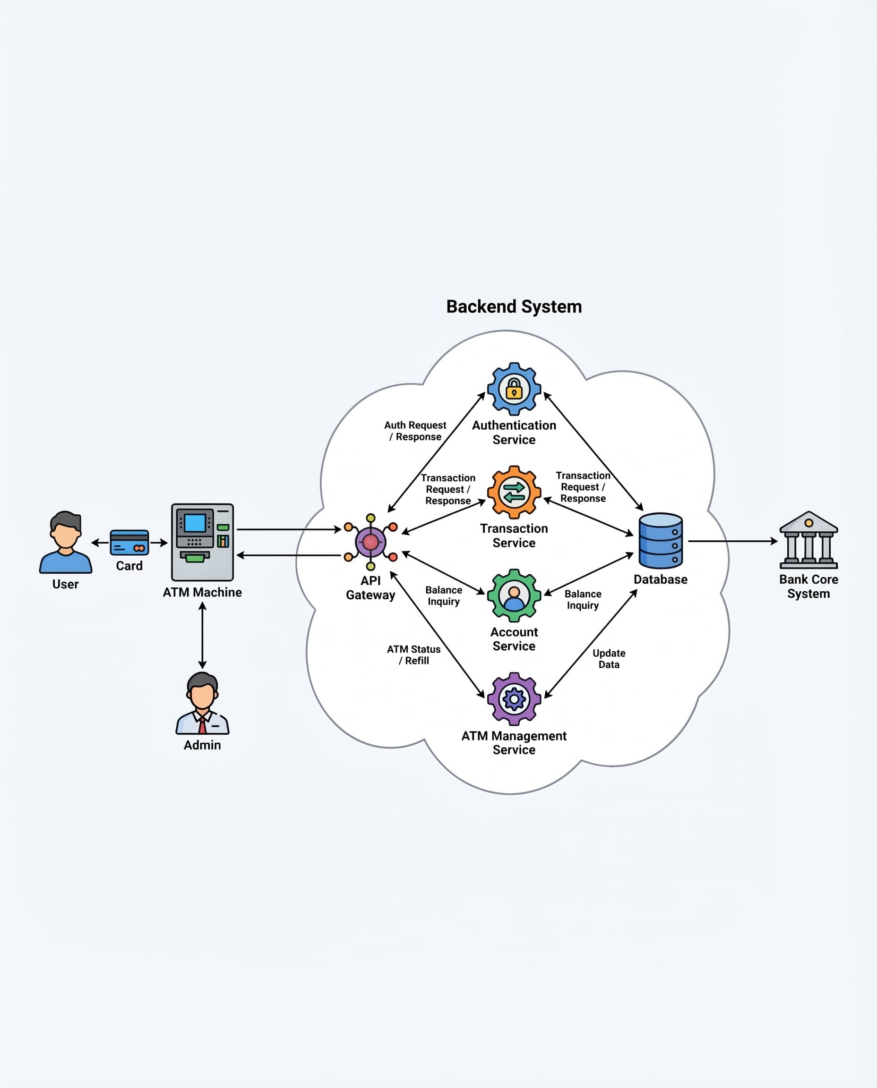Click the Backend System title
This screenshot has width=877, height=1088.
(514, 306)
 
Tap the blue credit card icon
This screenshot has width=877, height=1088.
(129, 542)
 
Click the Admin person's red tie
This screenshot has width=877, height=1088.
(202, 725)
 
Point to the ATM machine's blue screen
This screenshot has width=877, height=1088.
(195, 523)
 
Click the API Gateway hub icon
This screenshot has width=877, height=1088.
(370, 542)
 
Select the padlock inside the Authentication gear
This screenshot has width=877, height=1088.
(514, 389)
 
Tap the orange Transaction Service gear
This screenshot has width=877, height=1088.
(514, 492)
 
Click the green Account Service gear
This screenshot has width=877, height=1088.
(514, 596)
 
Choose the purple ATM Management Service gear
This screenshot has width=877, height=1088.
(514, 699)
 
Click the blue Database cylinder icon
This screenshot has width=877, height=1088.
(660, 541)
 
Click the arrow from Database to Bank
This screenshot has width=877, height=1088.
(732, 541)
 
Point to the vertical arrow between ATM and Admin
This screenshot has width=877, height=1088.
(202, 636)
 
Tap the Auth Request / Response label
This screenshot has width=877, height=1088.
(415, 431)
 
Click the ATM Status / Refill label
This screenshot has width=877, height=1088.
(414, 655)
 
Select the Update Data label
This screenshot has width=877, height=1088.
(609, 659)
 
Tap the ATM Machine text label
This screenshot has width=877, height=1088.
(202, 592)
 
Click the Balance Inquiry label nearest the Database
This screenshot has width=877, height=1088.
(583, 600)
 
